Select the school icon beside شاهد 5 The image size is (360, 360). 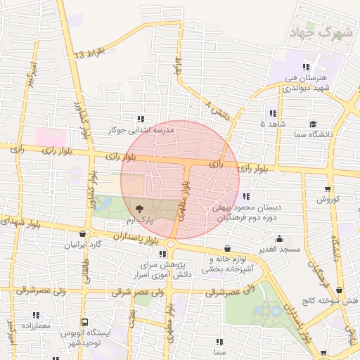(x=272, y=113)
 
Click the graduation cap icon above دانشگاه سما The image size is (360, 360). (x=313, y=124)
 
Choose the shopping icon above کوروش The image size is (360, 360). (x=328, y=188)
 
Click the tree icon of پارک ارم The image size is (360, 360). (x=139, y=209)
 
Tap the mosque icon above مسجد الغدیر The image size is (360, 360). (x=280, y=238)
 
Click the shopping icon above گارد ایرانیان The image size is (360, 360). (x=84, y=234)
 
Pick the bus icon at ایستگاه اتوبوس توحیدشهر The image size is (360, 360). (x=84, y=321)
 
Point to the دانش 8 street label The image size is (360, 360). (x=217, y=109)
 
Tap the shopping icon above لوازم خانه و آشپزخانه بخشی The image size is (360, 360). (x=227, y=248)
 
